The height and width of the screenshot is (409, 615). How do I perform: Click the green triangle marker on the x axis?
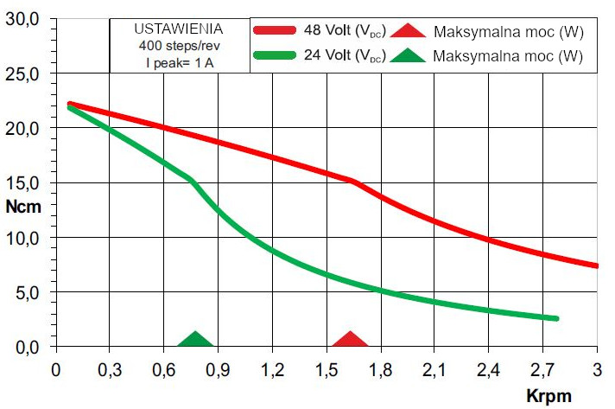pyautogui.click(x=195, y=340)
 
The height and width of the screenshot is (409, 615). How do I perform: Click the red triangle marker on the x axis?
pyautogui.click(x=350, y=340)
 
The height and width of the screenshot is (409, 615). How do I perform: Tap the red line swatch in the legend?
pyautogui.click(x=276, y=29)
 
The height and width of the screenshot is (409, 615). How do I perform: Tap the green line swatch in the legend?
pyautogui.click(x=276, y=54)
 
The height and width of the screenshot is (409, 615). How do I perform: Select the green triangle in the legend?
pyautogui.click(x=408, y=55)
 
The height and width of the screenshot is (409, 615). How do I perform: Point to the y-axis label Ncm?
pyautogui.click(x=22, y=208)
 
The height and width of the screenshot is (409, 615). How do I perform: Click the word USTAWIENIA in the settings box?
pyautogui.click(x=179, y=28)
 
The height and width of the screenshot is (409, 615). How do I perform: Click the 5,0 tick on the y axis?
pyautogui.click(x=26, y=292)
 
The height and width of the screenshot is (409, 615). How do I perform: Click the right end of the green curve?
pyautogui.click(x=556, y=318)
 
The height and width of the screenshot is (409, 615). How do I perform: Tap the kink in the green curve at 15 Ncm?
pyautogui.click(x=191, y=179)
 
